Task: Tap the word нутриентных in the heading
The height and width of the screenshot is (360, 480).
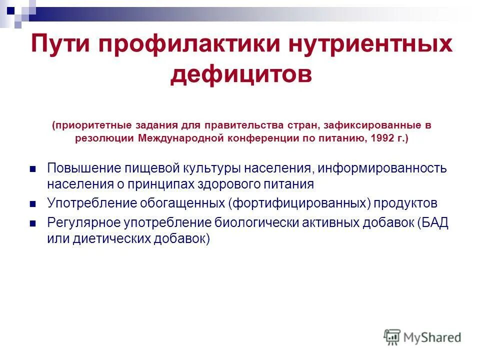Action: point(369,45)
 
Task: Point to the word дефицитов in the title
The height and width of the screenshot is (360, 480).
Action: point(241,74)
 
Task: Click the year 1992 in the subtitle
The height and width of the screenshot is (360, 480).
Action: point(382,138)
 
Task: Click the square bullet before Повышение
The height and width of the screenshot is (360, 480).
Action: point(33,169)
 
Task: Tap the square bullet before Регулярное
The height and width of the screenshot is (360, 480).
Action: point(33,223)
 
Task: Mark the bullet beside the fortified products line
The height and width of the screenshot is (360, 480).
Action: point(33,204)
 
